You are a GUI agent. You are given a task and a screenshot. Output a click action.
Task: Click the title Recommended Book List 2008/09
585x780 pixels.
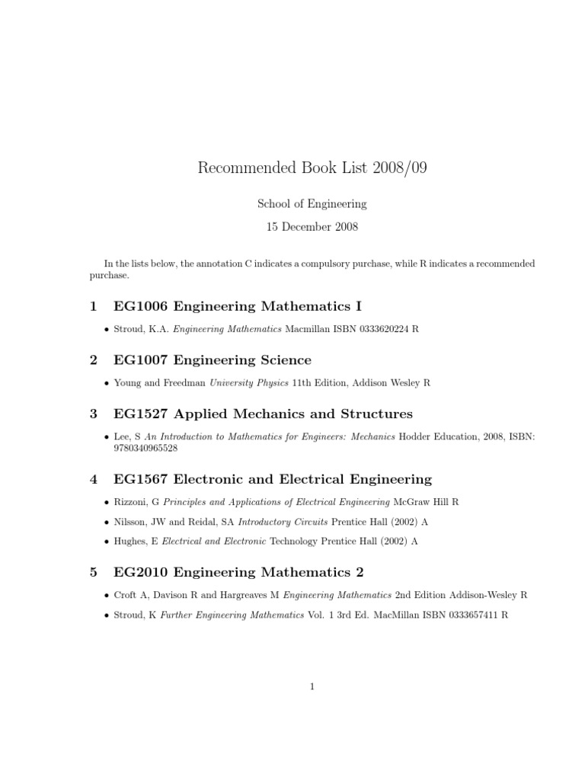[312, 168]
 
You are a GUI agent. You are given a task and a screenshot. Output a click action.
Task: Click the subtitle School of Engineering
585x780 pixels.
[312, 204]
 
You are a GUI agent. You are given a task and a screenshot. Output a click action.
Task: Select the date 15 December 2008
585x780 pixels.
[312, 226]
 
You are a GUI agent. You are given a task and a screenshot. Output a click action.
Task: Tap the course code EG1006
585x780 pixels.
[141, 306]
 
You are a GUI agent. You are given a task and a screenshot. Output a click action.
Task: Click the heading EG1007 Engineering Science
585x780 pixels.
[212, 360]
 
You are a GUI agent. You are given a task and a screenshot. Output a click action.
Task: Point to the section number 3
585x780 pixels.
[93, 414]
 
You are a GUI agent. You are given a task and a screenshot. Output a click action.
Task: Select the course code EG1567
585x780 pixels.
[141, 479]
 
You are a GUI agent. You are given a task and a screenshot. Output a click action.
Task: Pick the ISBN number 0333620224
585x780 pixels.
[383, 330]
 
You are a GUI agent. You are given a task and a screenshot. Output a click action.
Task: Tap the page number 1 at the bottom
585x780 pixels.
[312, 686]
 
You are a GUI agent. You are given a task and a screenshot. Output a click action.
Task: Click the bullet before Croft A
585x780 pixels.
[105, 596]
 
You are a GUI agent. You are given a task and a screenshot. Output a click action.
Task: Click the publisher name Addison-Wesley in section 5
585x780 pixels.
[484, 595]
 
